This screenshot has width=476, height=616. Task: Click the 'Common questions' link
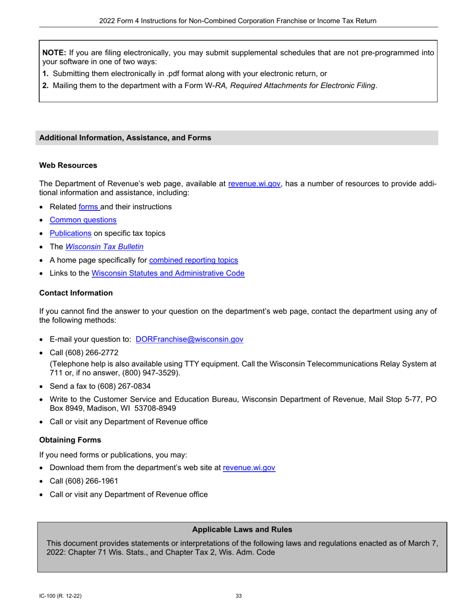tap(83, 220)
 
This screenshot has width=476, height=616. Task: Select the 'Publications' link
tap(70, 233)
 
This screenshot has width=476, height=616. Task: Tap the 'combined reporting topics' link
tap(193, 260)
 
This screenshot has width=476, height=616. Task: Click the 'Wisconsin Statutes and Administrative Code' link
tap(168, 273)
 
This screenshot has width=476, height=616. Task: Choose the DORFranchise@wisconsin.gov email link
tap(189, 339)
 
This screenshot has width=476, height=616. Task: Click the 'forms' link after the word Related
tap(89, 206)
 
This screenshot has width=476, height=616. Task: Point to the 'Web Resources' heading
tap(68, 165)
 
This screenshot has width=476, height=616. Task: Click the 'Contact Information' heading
tap(76, 293)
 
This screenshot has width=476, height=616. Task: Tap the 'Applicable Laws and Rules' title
tap(242, 529)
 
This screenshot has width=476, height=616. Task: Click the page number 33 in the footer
tap(239, 596)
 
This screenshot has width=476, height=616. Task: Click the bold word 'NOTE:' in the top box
tap(54, 52)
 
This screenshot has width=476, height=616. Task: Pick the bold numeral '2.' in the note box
tap(46, 85)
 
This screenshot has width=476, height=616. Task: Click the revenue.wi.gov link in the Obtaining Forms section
tap(249, 468)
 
